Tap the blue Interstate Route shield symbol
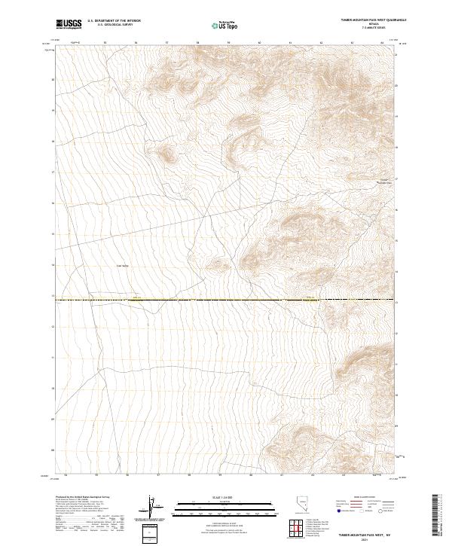point(334,510)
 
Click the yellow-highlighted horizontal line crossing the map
point(226,300)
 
